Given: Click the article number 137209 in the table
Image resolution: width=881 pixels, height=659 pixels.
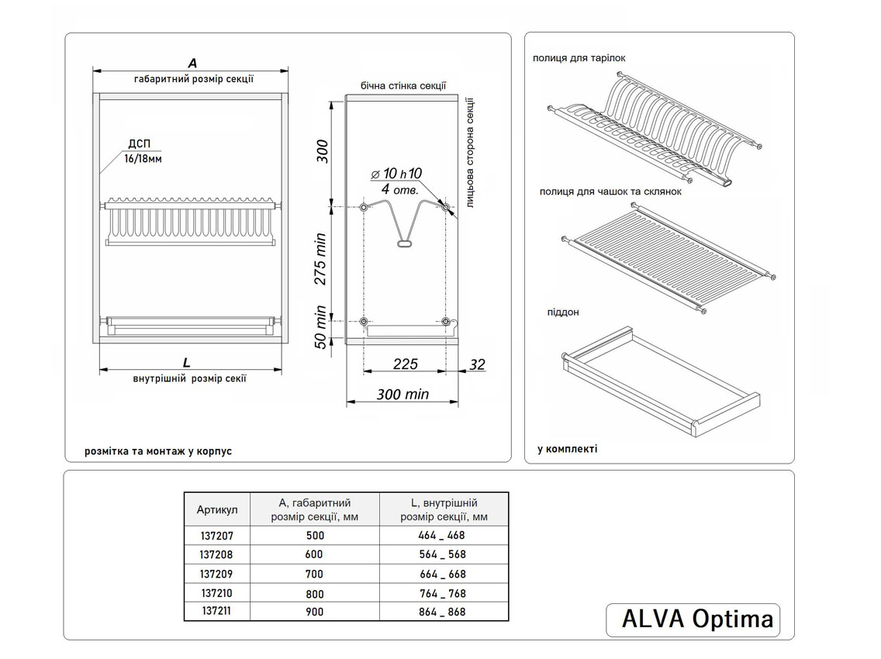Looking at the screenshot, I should coord(216,574).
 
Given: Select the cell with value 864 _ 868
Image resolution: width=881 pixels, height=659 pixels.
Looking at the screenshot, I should coord(444,612).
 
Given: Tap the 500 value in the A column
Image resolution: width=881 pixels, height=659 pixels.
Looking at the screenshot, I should coord(315,536).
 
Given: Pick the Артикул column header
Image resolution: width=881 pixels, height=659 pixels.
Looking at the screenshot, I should coord(217,509).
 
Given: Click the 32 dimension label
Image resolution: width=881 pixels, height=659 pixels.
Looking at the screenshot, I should coord(477,364).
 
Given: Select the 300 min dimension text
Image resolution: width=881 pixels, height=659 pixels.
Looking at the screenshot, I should coord(402,395).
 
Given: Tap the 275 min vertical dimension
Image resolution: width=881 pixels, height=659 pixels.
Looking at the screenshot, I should coord(320,259).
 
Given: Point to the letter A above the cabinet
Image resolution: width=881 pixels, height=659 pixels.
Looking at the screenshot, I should coord(192,63).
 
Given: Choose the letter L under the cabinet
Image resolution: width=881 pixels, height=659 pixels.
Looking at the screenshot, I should coord(187,362).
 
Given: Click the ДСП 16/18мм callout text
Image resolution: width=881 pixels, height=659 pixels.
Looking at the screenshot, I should coord(142,151).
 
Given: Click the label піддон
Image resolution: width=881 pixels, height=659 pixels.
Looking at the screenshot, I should coord(562,312).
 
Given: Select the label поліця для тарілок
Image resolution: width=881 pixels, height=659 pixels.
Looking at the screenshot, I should coord(579,58).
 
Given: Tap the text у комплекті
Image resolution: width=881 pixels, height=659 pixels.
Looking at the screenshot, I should coord(567,449).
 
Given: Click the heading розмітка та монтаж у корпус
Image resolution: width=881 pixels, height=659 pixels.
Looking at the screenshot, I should coord(158,450).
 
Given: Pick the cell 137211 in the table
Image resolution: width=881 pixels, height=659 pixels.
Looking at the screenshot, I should coord(216,612).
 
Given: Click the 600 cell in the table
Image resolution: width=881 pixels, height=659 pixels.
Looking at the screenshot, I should coord(314,555).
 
